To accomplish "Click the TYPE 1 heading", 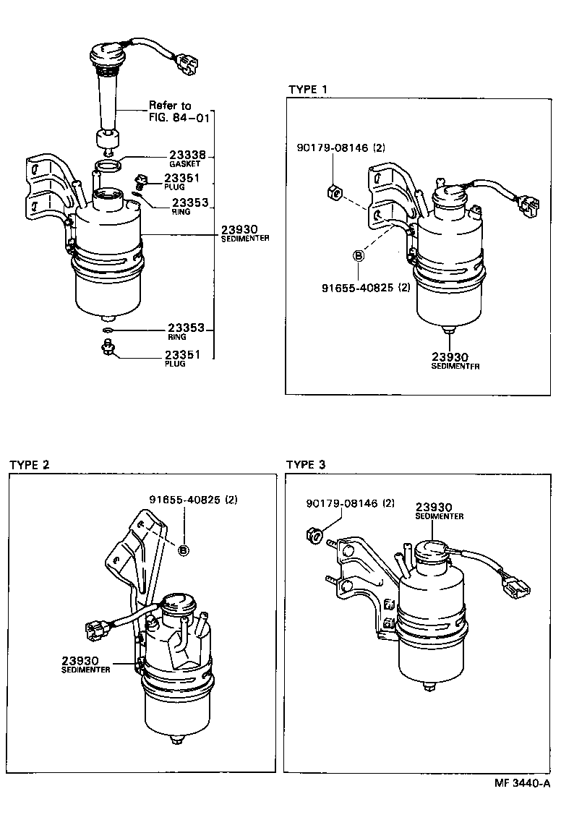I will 307,89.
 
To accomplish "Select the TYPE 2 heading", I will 30,464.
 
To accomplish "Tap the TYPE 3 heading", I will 306,464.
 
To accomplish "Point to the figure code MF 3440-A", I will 523,783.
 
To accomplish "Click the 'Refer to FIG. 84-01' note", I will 170,111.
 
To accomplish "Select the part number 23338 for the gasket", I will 187,155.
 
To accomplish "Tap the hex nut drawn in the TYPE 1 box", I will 333,192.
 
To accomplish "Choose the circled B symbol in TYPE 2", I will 183,550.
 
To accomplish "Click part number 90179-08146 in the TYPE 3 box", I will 350,503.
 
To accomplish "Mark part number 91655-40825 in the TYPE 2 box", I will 194,500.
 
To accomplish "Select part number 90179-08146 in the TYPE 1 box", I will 341,148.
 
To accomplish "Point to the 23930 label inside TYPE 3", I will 433,508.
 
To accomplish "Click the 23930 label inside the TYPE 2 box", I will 80,660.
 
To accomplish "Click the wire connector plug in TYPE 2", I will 96,630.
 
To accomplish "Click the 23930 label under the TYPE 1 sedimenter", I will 450,356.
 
